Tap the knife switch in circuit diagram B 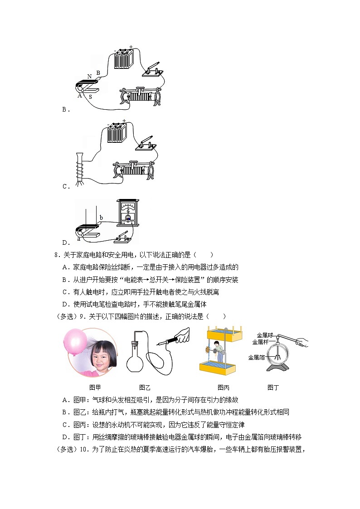click(152, 70)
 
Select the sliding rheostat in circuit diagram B click(140, 96)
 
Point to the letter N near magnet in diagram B click(89, 76)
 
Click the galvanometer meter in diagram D click(128, 214)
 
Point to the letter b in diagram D click(101, 218)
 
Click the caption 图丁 click(273, 388)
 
